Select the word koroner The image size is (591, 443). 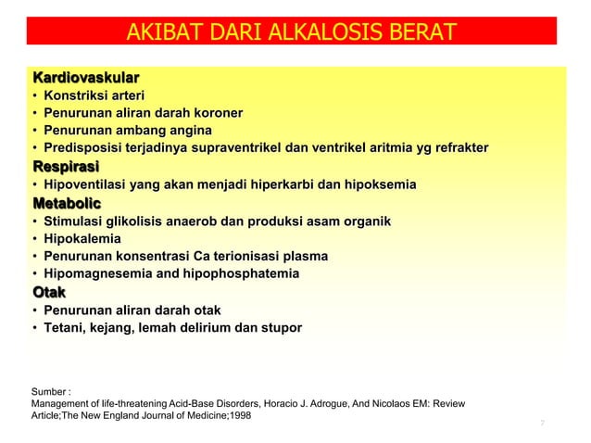[214, 113]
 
